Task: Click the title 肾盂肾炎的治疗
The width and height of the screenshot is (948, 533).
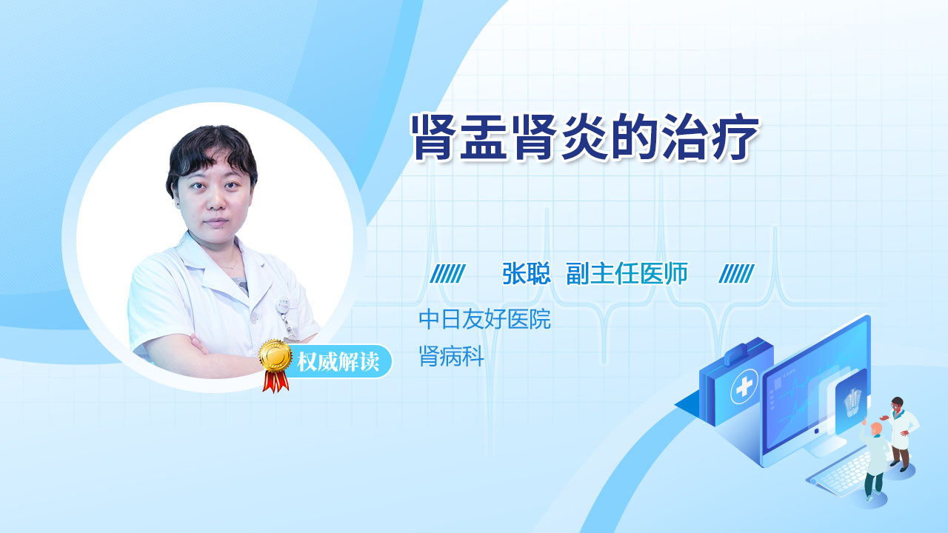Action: tap(585, 137)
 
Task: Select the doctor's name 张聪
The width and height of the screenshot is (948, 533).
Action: tap(527, 274)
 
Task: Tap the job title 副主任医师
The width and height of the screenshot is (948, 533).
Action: tap(627, 274)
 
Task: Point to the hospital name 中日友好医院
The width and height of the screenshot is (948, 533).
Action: tap(484, 319)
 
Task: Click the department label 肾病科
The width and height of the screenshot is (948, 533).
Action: tap(452, 356)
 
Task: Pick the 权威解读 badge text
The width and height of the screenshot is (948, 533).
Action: tap(338, 362)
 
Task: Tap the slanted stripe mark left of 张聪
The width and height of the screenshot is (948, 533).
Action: tap(447, 274)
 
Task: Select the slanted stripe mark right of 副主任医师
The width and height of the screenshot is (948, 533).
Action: tap(736, 274)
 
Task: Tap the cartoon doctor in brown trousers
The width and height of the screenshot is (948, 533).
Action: tap(901, 434)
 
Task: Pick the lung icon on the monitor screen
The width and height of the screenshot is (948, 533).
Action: tap(852, 402)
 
